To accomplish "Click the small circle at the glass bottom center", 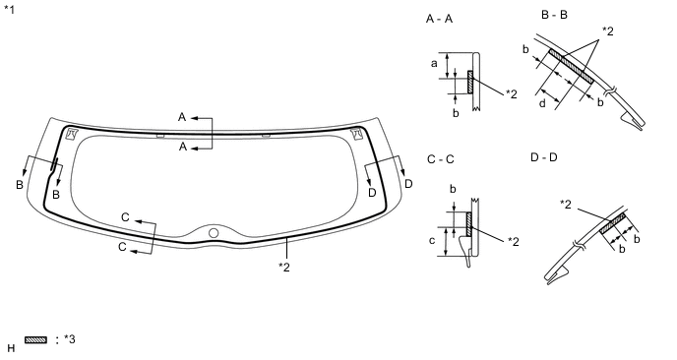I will pos(214,232).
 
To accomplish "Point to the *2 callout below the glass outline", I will pos(285,266).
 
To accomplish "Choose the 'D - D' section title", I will pos(543,157).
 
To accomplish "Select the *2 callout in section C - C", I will pos(513,240).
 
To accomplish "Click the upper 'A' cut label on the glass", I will pos(182,117).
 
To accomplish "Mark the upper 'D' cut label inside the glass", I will pos(372,193).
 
